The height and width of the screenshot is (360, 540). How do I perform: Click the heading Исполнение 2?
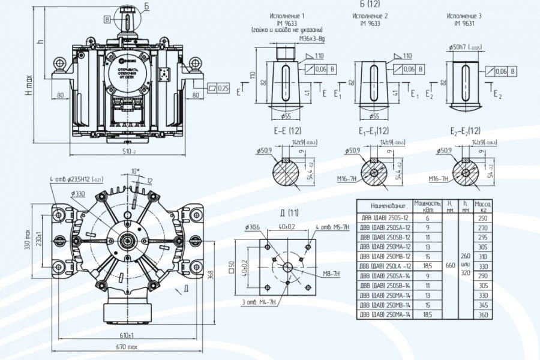point(370,16)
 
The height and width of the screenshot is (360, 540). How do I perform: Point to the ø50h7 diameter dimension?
point(463,47)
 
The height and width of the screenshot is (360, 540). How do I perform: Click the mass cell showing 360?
point(483,314)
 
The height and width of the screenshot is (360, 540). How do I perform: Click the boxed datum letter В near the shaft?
point(107,19)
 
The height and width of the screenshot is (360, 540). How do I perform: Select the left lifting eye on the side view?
point(59,63)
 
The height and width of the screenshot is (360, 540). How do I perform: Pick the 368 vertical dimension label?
point(210,274)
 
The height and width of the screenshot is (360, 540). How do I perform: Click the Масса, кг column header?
point(483,205)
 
